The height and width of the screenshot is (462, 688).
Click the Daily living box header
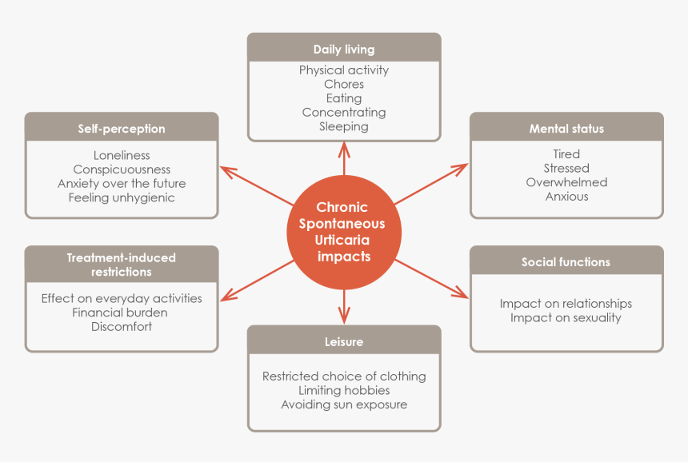point(344,50)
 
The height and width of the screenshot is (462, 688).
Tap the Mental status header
point(566,129)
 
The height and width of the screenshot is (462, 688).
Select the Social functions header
point(566,262)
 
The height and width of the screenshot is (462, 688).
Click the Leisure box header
point(344,341)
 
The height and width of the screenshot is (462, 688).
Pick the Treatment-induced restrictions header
point(122,265)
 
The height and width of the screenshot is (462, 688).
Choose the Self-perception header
point(122,129)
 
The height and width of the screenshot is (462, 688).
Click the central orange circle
point(344,232)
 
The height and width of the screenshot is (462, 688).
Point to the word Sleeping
point(344,126)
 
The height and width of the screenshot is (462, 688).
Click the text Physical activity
point(344,70)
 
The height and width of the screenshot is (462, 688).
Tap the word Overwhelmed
point(566,182)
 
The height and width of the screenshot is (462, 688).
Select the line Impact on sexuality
point(566,317)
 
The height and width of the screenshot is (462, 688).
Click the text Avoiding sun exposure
point(344,404)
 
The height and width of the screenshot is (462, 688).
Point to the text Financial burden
point(122,313)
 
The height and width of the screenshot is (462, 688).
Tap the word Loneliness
point(122,155)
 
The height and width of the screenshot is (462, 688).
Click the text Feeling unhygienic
point(122,197)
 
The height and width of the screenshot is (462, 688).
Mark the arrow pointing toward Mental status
point(432,183)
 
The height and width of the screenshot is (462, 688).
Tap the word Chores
point(344,84)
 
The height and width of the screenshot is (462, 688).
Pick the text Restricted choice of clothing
point(344,376)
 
